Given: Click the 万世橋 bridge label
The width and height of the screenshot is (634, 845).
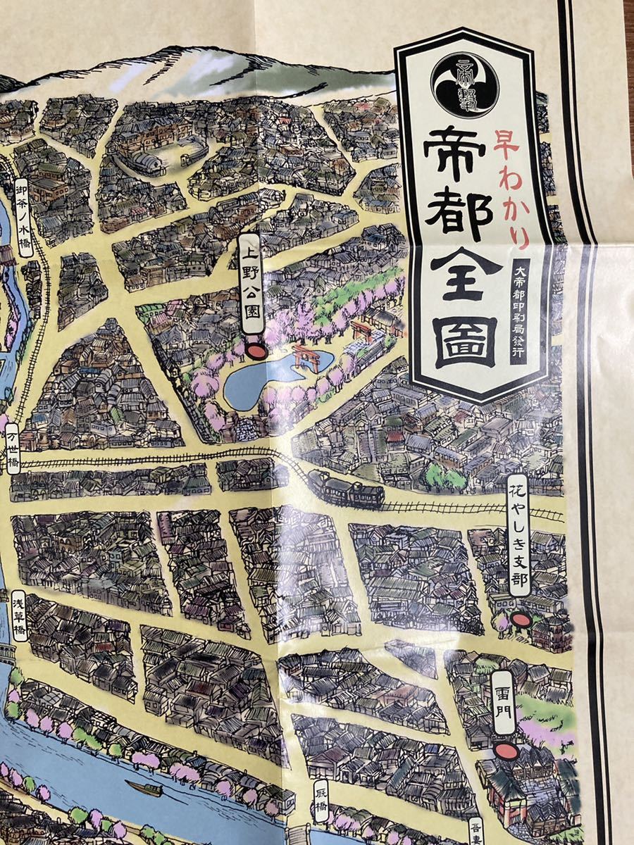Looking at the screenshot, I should tap(12, 449).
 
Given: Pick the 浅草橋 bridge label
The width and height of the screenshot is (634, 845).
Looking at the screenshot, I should tap(19, 617).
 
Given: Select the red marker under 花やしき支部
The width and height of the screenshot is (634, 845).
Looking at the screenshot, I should tap(520, 620).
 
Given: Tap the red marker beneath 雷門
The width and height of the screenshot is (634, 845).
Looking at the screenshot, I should tap(504, 751).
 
